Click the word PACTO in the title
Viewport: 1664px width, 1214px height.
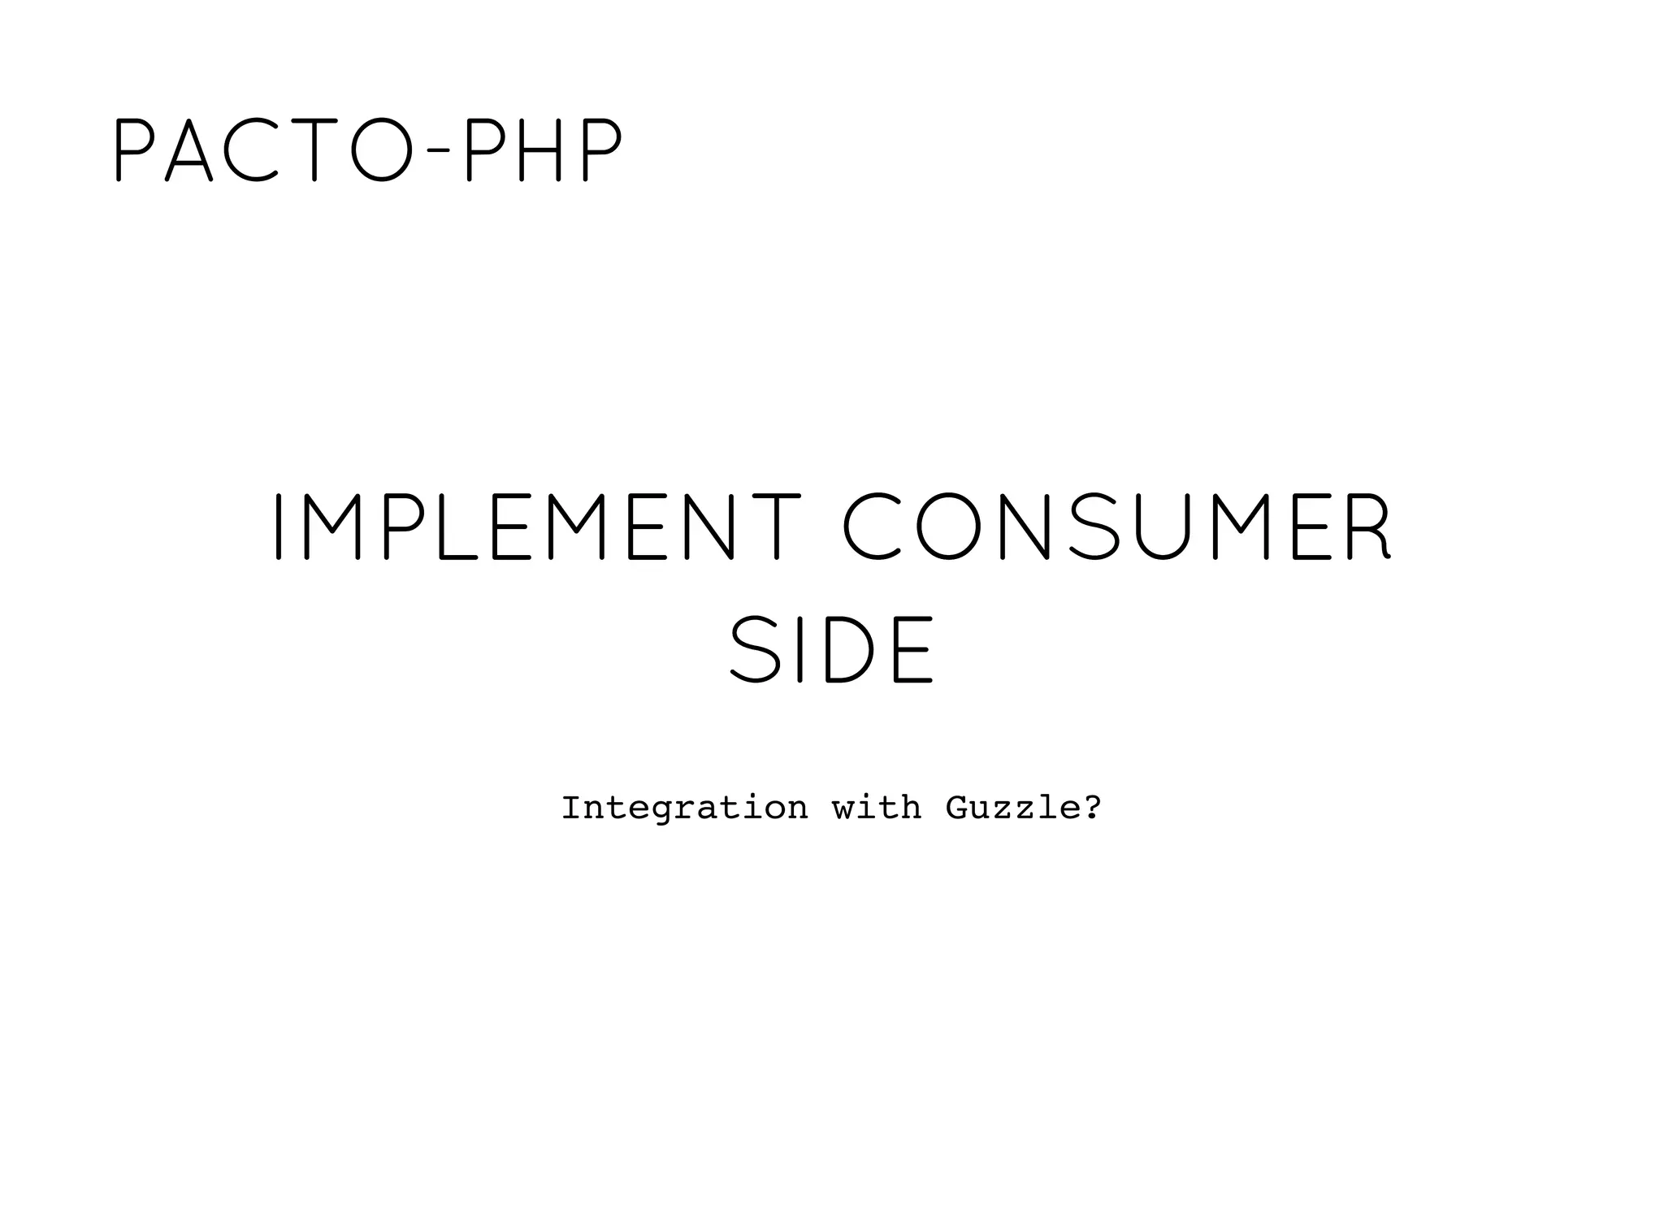coord(259,150)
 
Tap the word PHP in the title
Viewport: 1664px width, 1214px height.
coord(542,150)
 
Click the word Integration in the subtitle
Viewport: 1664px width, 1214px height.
coord(684,808)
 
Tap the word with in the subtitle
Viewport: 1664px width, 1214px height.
coord(877,808)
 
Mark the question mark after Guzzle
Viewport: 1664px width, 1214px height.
coord(1092,808)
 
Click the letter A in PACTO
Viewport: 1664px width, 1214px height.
coord(188,150)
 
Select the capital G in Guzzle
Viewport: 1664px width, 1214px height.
coord(955,808)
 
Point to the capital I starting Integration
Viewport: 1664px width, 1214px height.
coord(571,808)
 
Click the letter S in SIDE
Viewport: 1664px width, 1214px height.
coord(755,649)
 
